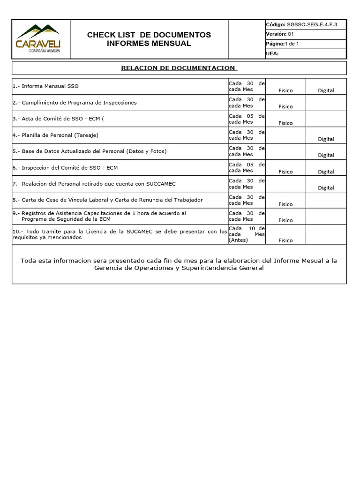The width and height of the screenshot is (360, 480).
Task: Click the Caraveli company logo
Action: [x=38, y=39]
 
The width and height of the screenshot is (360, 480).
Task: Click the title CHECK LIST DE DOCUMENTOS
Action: [x=149, y=35]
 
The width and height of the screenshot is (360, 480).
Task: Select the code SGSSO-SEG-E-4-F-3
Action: [x=312, y=24]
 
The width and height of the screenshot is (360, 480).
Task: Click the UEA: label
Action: [x=272, y=53]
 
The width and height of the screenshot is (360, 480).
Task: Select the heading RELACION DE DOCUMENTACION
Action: [x=178, y=68]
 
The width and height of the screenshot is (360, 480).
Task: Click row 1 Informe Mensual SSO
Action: [x=46, y=86]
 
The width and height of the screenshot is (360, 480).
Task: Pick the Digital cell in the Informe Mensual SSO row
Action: [x=326, y=90]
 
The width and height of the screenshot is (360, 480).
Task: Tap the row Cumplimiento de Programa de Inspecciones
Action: [x=75, y=103]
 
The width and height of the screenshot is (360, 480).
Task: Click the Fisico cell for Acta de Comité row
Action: [x=285, y=123]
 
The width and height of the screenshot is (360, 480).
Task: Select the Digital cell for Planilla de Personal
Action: [x=326, y=139]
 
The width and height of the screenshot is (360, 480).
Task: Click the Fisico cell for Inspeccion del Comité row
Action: [x=285, y=172]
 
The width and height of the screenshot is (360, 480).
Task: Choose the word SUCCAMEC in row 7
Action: [x=160, y=184]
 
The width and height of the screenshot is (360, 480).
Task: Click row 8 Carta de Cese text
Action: [x=108, y=200]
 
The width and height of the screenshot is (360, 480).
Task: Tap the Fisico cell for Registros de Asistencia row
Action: [x=285, y=220]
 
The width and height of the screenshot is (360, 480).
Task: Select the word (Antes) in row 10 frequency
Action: [x=239, y=240]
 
